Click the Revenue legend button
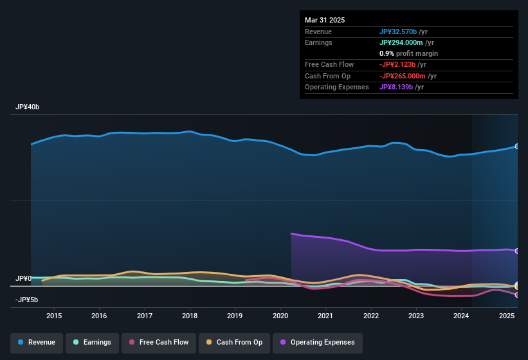37,342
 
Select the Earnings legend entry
92,342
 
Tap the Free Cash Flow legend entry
159,342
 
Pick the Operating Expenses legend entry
317,342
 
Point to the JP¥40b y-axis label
28,107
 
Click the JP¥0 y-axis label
23,279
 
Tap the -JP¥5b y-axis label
27,300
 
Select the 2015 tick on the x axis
54,316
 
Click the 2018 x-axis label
190,316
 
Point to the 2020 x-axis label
280,316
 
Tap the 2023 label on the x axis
416,316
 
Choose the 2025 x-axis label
506,316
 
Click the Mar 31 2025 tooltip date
325,20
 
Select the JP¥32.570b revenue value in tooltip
397,32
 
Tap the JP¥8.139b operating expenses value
396,87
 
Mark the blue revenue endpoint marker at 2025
517,147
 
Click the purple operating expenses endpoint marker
517,251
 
